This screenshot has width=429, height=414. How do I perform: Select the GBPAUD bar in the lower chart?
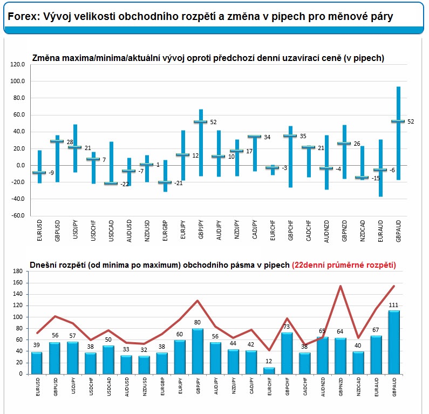(394, 342)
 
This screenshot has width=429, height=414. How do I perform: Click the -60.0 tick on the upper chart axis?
(17, 215)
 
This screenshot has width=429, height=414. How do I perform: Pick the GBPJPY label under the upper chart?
(200, 230)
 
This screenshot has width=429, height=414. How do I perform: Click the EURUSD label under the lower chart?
(37, 390)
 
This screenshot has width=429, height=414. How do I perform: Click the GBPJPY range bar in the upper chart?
(201, 142)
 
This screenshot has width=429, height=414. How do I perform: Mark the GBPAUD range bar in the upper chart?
(398, 133)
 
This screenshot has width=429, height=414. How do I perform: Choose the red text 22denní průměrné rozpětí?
(344, 265)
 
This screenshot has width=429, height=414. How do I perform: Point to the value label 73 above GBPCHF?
(288, 327)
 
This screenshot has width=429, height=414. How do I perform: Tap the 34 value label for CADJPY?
(267, 137)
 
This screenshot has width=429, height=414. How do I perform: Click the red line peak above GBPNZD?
(341, 286)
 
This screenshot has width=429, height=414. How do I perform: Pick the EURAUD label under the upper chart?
(380, 230)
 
